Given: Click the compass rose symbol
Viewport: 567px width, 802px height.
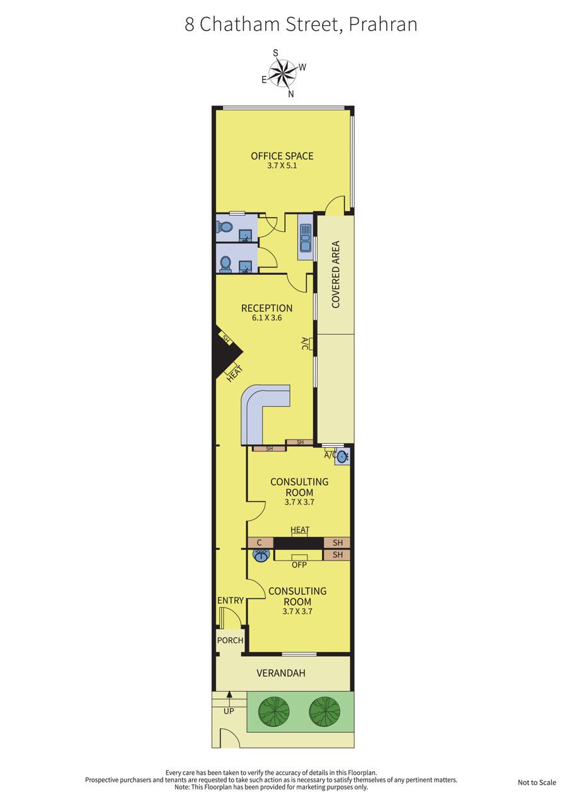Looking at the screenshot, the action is click(x=283, y=73).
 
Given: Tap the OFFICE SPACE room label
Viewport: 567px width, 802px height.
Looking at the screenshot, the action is click(x=282, y=156).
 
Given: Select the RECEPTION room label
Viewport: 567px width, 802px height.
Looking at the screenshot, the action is click(x=266, y=308).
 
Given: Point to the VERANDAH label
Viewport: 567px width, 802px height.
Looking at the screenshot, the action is click(x=281, y=673).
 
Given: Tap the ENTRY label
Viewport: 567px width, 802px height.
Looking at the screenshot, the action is click(x=231, y=600).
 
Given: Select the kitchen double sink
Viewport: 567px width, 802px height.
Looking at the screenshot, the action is click(x=305, y=238).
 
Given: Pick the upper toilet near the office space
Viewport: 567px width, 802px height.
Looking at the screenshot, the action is click(x=225, y=226).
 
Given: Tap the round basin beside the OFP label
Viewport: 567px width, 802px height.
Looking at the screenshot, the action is click(x=261, y=555).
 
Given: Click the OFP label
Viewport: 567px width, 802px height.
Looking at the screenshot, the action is click(x=299, y=565).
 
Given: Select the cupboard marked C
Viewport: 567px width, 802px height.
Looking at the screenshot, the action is click(x=260, y=542).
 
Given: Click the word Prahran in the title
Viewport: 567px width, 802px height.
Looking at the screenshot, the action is click(x=383, y=25).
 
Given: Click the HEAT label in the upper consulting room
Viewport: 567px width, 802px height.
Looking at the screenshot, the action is click(x=300, y=529).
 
